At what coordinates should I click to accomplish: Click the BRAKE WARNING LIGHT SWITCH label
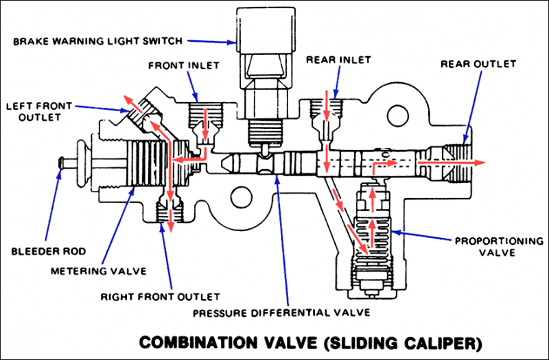97,41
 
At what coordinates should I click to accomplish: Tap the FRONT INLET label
184,65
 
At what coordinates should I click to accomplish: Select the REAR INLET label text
338,60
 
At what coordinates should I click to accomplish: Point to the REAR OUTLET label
478,64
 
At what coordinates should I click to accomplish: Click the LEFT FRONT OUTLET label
39,111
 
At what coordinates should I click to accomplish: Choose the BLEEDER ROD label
49,251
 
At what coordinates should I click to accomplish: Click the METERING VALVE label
98,271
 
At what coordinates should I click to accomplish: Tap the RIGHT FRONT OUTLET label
161,297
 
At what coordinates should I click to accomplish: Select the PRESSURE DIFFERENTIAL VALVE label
281,312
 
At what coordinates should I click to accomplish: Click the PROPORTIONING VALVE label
499,247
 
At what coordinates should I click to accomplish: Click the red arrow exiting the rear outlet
451,163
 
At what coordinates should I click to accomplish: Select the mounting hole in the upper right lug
398,115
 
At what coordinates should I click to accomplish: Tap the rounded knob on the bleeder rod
82,163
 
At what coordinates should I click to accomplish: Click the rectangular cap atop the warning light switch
266,29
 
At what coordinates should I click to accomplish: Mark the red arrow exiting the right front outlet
170,221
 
